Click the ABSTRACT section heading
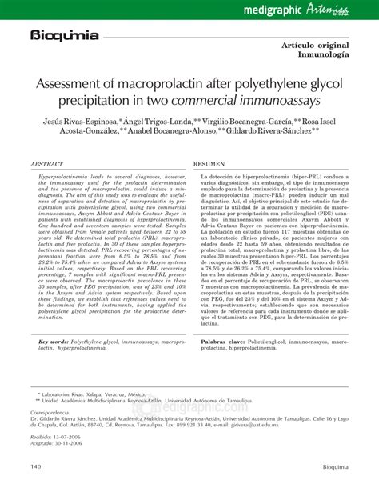tap(47, 162)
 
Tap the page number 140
tap(37, 467)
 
